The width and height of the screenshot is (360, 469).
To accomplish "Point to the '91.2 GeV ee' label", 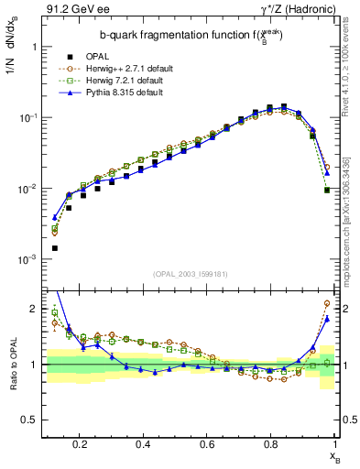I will tap(75, 10).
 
